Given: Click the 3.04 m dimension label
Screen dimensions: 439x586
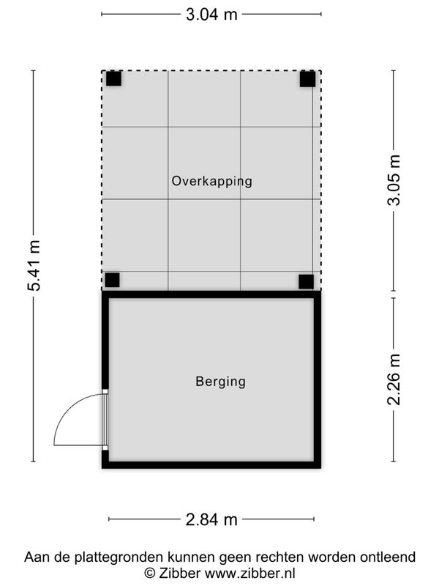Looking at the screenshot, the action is (x=211, y=15).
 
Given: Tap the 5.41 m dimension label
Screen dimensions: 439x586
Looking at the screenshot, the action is (x=34, y=266).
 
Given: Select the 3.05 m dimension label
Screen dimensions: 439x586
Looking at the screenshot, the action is (x=394, y=180).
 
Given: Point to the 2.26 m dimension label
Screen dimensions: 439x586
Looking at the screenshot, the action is (x=394, y=379).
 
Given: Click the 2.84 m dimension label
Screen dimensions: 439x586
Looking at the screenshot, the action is (x=211, y=519).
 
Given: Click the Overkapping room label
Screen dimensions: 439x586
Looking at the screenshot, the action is (x=211, y=181).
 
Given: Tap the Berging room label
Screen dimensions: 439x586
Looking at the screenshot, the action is (x=221, y=382).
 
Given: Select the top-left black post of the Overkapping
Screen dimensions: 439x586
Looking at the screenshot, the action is (x=113, y=78).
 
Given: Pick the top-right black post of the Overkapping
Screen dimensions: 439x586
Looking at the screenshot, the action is (x=307, y=79).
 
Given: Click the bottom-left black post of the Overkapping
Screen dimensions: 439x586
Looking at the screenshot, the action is (x=112, y=280).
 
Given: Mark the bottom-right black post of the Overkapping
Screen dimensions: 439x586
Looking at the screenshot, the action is (x=306, y=282).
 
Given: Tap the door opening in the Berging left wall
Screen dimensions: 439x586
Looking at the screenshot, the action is (x=105, y=420).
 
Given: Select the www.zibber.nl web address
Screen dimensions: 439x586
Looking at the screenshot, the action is (x=250, y=573).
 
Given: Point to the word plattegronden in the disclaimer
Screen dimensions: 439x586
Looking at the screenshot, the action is (x=119, y=557).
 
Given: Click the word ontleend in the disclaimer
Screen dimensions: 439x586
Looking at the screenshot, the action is (x=388, y=557).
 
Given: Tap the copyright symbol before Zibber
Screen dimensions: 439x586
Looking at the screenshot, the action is (x=150, y=573).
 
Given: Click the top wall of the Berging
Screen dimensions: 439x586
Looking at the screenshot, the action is (x=211, y=294).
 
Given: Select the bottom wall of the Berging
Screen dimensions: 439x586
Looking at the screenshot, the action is (x=211, y=465).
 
